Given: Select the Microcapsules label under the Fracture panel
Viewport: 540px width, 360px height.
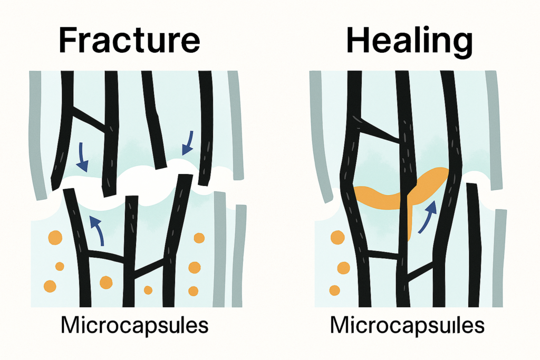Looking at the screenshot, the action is (x=134, y=325).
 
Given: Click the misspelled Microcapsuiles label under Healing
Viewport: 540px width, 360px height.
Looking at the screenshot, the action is (x=408, y=325).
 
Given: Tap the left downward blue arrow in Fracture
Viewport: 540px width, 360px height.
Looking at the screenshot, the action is (x=82, y=157).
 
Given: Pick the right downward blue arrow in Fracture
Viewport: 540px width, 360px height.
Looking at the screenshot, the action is (x=188, y=143).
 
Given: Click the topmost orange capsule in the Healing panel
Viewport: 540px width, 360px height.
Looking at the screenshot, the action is (x=337, y=238).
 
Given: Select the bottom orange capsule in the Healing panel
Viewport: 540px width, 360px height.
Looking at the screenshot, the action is (x=335, y=290).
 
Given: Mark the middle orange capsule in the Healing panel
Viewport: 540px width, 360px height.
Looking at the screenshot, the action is (x=343, y=268).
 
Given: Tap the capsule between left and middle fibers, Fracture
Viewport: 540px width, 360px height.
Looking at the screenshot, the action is (x=106, y=283).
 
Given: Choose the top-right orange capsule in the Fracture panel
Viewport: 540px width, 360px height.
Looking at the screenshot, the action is (x=199, y=238).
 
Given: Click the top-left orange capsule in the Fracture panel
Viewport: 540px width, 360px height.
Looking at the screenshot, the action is (x=55, y=238).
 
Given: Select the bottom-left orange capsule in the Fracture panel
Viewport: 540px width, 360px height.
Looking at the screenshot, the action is (x=50, y=286).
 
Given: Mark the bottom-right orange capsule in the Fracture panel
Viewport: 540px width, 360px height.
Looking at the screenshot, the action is (x=193, y=291).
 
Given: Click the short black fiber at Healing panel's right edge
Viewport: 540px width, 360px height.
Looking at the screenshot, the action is (x=474, y=245).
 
